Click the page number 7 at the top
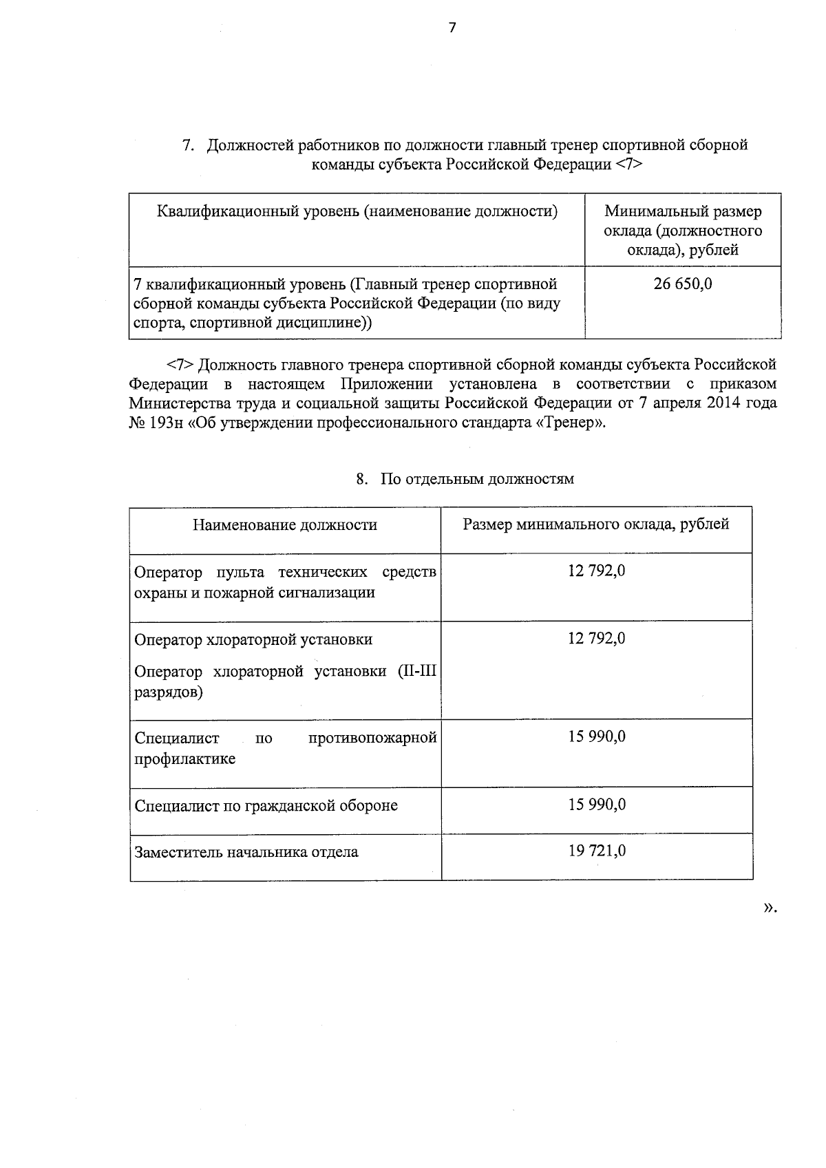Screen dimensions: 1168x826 [452, 28]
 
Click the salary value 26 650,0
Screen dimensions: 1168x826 [683, 284]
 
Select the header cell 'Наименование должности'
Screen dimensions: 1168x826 [285, 525]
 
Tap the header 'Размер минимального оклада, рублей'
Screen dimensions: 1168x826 [596, 524]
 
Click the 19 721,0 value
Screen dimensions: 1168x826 [597, 851]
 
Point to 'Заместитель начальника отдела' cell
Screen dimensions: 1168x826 [246, 852]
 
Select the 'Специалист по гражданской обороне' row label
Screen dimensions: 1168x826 [266, 805]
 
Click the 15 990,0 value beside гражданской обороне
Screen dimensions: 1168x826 [597, 804]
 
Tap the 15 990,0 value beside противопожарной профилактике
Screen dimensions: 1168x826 [597, 737]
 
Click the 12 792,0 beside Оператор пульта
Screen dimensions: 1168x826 [597, 571]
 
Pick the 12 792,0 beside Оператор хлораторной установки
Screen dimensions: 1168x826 [597, 639]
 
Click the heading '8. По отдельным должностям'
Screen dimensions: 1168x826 [465, 479]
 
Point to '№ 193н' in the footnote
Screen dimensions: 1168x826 [156, 423]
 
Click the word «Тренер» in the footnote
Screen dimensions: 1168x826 [571, 423]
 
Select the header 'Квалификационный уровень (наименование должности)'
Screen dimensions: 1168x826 [357, 211]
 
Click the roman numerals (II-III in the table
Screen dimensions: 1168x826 [417, 672]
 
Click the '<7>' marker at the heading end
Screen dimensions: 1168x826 [629, 164]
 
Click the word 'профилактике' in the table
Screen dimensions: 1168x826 [184, 759]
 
